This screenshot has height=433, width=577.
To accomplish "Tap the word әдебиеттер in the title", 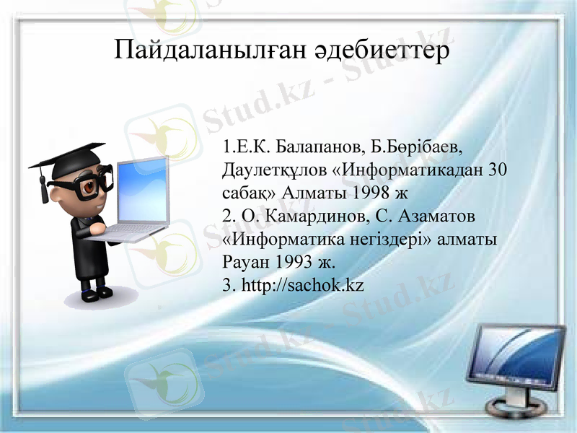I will (x=382, y=51).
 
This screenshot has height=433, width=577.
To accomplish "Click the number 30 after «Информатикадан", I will (x=498, y=171).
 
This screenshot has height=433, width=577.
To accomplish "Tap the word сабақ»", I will (x=248, y=193).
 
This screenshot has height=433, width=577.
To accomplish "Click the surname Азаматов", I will (x=430, y=216).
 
